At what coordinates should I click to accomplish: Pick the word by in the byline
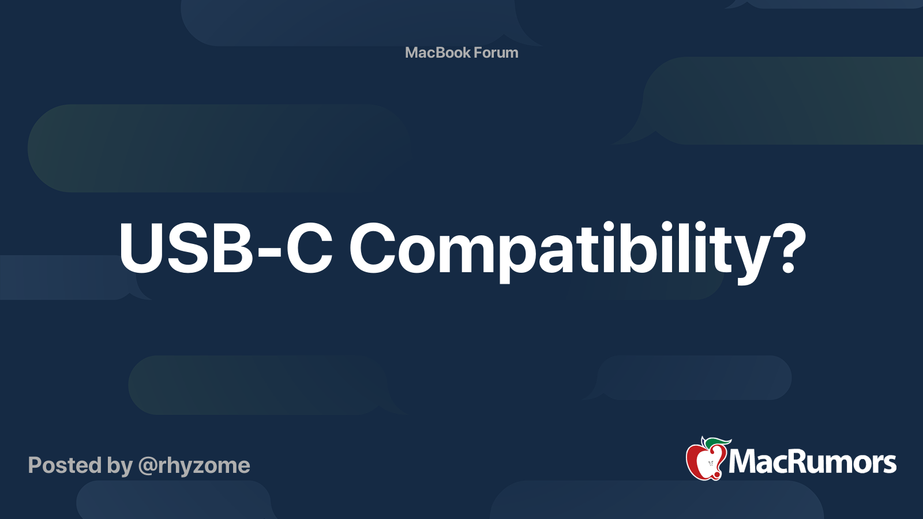tap(119, 466)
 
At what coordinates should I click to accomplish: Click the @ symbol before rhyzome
tap(147, 466)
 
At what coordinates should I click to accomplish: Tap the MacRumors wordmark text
tap(812, 462)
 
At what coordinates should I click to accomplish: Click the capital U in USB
tap(144, 248)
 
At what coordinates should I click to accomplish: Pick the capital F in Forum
tap(478, 52)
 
